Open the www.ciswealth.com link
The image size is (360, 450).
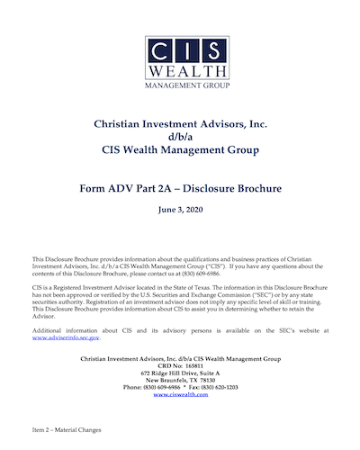tap(179, 394)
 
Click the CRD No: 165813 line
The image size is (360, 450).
tap(179, 368)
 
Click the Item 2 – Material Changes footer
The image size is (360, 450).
tap(65, 431)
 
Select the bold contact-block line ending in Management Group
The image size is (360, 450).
tap(179, 360)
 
